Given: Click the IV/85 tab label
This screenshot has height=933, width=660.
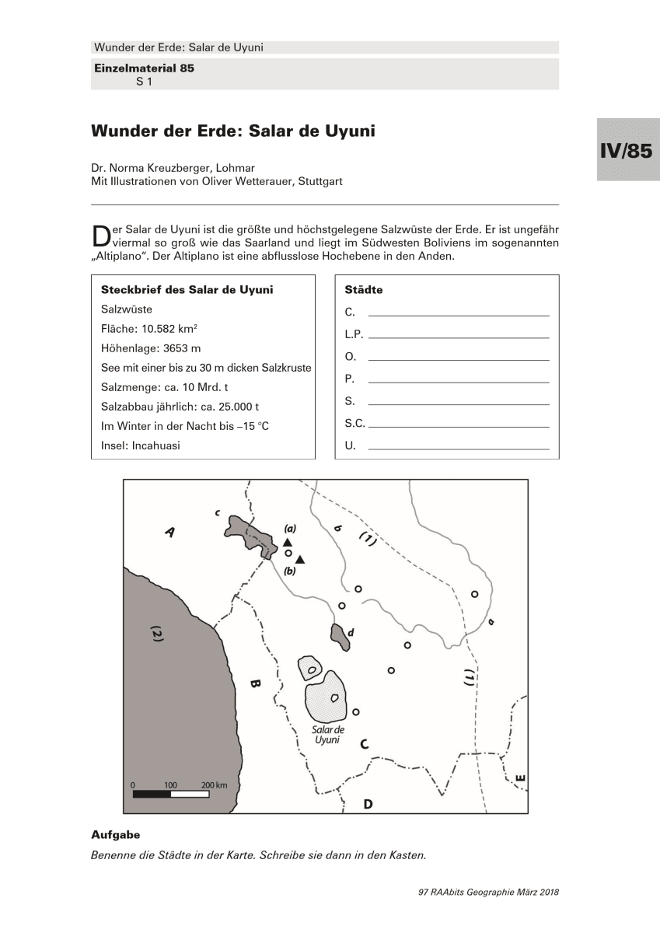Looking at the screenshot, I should [625, 150].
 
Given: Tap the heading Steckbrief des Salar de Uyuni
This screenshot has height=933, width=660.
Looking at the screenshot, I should [187, 290].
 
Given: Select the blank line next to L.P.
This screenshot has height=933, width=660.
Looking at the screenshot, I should [459, 337].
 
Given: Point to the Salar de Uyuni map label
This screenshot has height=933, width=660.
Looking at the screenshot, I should [327, 735].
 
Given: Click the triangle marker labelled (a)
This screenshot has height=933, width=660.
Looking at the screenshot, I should [288, 542].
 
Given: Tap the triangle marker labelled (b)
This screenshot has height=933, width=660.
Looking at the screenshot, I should [300, 560].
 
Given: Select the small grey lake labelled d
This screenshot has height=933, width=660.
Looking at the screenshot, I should [339, 636].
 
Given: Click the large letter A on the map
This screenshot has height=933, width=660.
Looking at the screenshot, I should [170, 532].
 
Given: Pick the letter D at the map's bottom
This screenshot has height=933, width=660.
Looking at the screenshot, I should [368, 803].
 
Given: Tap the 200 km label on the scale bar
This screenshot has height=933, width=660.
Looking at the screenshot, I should [214, 785].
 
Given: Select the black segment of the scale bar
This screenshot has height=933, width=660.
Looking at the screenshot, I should [152, 795].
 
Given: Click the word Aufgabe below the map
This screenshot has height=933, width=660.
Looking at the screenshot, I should [115, 835].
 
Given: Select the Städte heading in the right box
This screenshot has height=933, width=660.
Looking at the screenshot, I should [363, 290].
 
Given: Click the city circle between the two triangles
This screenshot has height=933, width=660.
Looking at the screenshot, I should [288, 554].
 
